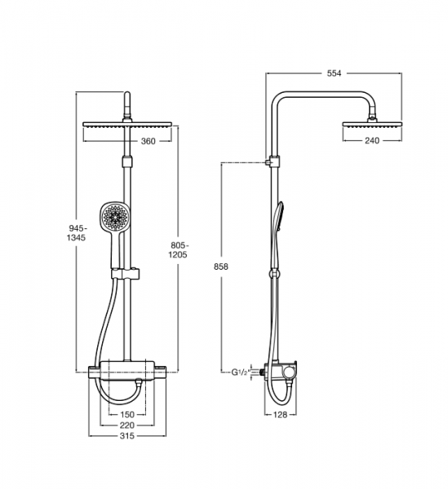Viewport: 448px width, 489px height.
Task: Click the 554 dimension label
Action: coord(334,73)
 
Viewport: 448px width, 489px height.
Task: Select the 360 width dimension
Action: coord(148,141)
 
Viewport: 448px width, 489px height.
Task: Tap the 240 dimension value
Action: coord(372,141)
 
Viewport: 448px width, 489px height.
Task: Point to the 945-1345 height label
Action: coord(76,232)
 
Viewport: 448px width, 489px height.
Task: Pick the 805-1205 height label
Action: coord(178,250)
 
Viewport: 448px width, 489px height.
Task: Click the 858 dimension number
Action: coord(221,267)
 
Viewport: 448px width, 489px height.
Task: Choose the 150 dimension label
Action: coord(127,415)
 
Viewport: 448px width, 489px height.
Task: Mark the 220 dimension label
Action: coord(127,425)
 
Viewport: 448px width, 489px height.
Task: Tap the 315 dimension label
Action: coord(127,436)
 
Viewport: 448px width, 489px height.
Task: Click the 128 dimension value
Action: coord(280,415)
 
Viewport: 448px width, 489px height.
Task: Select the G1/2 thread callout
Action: coord(240,372)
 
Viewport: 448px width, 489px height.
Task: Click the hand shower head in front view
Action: coord(116,217)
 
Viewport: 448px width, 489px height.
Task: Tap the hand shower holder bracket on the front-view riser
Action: coord(125,274)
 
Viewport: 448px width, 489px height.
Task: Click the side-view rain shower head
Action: coord(371,125)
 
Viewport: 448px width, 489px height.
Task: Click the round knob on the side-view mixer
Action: coord(289,372)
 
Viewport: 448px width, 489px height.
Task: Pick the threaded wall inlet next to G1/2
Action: coord(257,372)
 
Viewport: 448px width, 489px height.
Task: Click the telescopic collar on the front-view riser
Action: coord(127,162)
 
